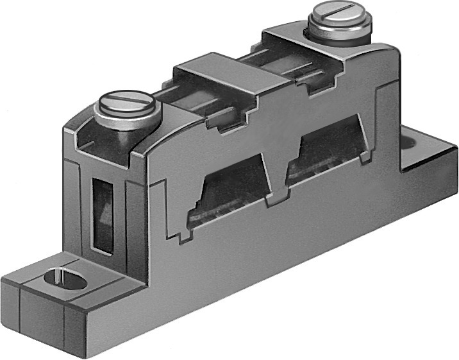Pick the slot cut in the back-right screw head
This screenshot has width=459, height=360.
click(x=338, y=11)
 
